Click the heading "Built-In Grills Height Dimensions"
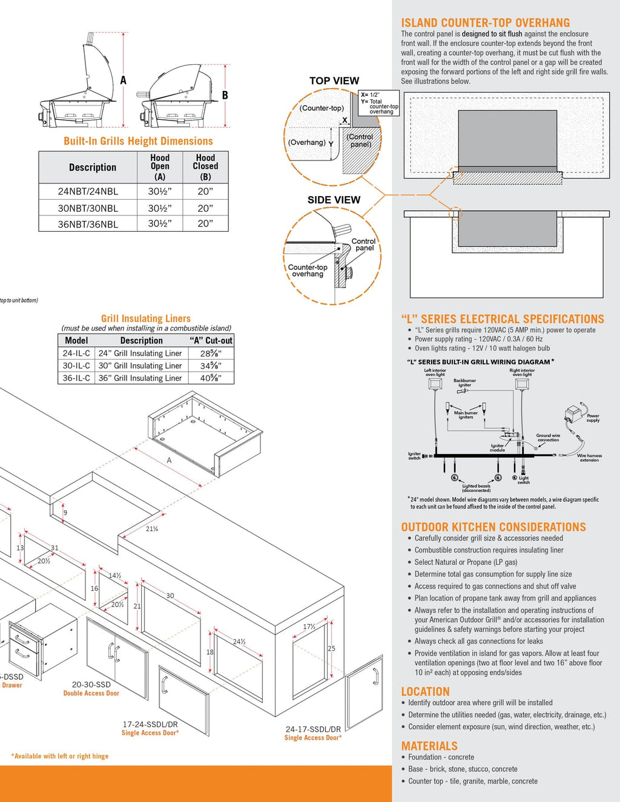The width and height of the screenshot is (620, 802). (x=138, y=141)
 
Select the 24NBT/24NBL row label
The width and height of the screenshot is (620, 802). (x=88, y=191)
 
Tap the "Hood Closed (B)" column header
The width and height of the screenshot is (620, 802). (x=205, y=166)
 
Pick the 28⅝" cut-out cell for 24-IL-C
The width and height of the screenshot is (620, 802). (x=211, y=353)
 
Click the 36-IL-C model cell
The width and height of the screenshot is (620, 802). (x=76, y=378)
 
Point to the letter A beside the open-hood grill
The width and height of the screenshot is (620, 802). (x=124, y=80)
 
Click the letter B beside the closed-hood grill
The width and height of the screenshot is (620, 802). (x=225, y=95)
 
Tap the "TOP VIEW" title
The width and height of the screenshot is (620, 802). (x=334, y=81)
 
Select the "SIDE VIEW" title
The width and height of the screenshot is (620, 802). (x=334, y=200)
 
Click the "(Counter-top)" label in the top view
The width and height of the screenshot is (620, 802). (x=322, y=108)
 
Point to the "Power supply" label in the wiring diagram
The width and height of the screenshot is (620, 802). (x=593, y=418)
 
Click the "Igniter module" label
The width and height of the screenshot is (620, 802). (x=497, y=448)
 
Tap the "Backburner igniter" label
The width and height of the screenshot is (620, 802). (x=464, y=383)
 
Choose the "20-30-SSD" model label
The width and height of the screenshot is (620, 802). (x=91, y=685)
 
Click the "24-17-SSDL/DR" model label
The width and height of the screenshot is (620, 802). (x=313, y=729)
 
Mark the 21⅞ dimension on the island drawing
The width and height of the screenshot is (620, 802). (x=151, y=529)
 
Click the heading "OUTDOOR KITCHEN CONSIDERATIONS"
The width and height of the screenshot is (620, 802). (x=493, y=527)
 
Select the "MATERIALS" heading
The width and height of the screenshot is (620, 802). (x=429, y=746)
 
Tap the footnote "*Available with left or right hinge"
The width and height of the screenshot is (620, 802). (x=60, y=756)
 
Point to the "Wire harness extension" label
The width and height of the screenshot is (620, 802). (x=589, y=458)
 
